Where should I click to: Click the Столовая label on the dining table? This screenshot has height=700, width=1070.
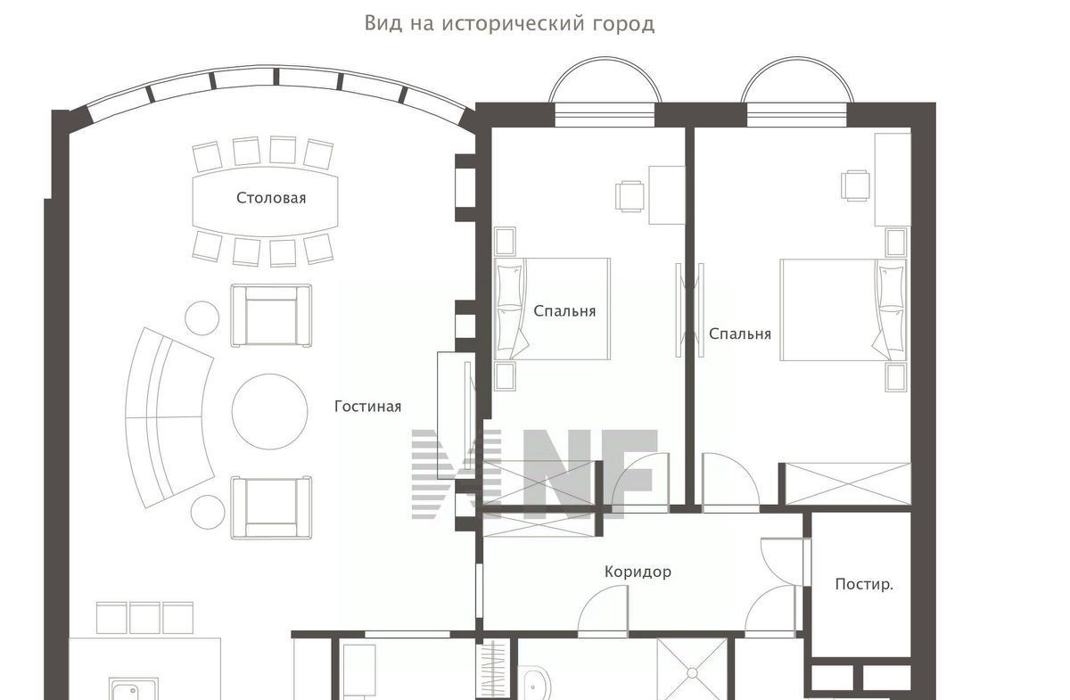tap(271, 198)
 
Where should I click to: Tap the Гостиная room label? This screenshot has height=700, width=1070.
tap(367, 407)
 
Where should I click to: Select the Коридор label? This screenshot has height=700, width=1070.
tap(638, 572)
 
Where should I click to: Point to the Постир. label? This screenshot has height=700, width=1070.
tap(864, 584)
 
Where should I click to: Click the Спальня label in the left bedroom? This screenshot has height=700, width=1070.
tap(564, 311)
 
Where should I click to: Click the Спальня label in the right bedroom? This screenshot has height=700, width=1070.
tap(740, 334)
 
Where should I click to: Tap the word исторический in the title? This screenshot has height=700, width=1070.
tap(514, 23)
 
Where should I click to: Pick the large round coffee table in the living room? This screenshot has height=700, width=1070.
tap(270, 411)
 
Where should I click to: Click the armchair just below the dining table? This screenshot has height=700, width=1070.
tap(271, 316)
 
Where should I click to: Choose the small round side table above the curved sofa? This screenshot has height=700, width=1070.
tap(202, 317)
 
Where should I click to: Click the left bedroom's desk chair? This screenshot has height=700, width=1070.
tap(630, 196)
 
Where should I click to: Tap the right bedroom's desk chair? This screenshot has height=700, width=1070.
tap(855, 185)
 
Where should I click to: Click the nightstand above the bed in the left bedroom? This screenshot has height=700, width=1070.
tap(505, 242)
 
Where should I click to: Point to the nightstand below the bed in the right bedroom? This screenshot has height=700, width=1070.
tap(895, 377)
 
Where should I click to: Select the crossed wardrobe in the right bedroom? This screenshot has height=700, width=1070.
tap(847, 483)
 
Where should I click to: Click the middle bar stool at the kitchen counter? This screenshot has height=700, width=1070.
tap(144, 618)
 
